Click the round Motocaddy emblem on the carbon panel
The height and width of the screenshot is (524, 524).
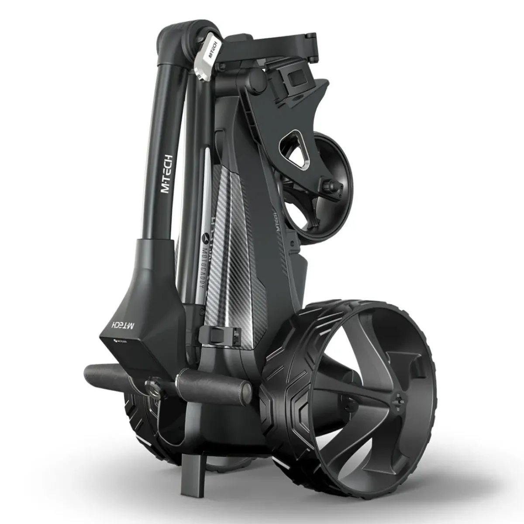[206, 239]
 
